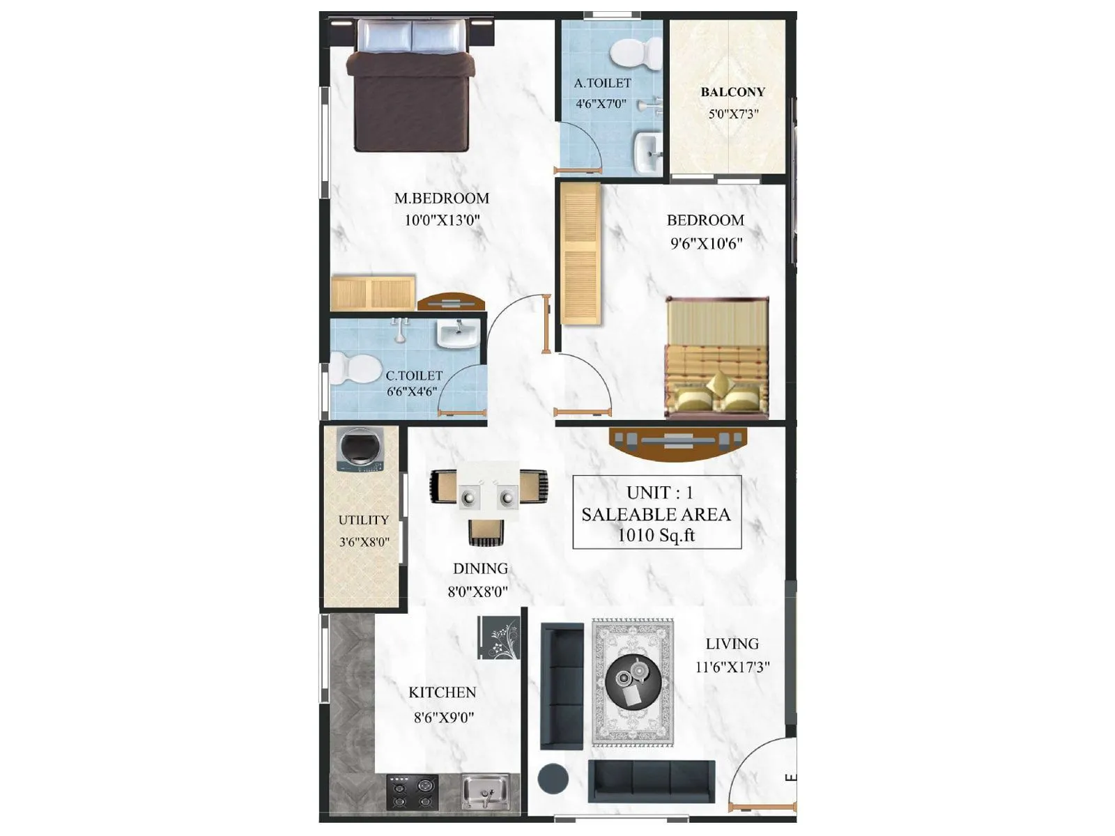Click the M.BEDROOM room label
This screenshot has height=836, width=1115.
pos(441,199)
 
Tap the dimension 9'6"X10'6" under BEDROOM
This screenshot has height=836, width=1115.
pos(706,244)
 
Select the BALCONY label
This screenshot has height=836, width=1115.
pos(732,92)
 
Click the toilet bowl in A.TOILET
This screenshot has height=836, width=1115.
pos(635,54)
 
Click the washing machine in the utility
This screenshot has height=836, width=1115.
pos(360,449)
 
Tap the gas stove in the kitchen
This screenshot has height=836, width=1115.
pos(413,793)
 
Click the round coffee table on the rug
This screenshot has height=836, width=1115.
pos(633,681)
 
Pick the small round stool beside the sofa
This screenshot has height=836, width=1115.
pos(553,779)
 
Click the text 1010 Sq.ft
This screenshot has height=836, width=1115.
pos(656,536)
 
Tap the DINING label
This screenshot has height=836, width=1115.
pos(480,568)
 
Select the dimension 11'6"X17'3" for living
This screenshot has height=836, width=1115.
pos(732,667)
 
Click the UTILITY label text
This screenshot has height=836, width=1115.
pos(363,520)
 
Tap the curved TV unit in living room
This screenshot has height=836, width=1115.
pos(677,443)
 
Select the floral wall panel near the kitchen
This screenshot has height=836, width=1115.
pos(499,637)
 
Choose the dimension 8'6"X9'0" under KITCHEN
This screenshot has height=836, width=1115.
pos(443,718)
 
